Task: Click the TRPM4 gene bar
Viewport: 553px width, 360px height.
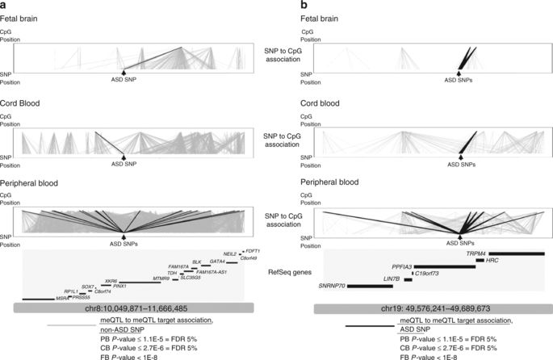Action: click(516, 253)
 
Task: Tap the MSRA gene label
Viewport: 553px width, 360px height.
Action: click(61, 298)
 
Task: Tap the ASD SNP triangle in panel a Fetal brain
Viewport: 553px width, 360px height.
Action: click(124, 73)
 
